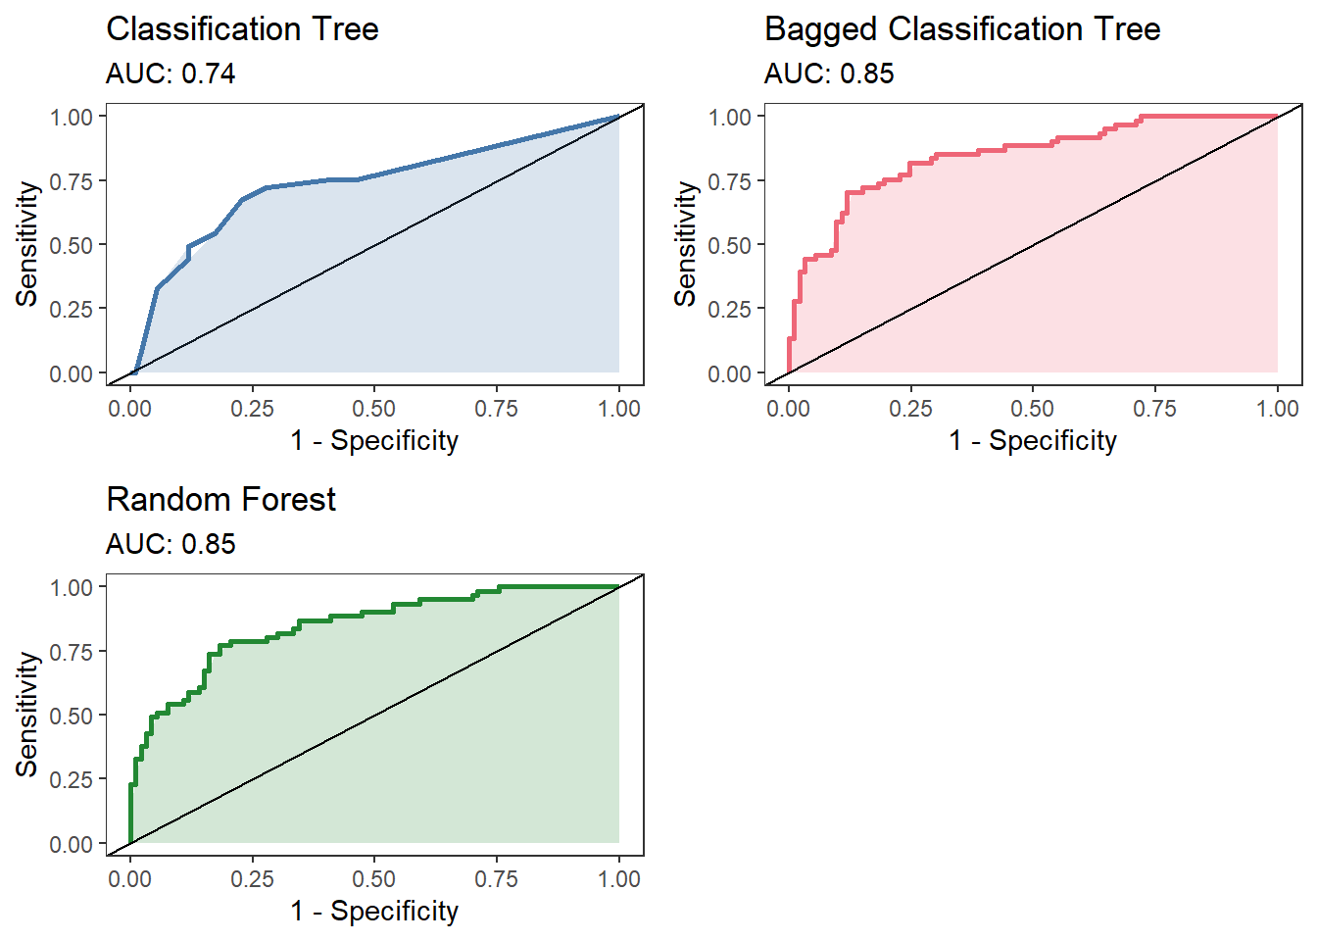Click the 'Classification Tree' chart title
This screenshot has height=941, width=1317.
click(242, 29)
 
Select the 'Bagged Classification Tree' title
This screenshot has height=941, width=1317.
click(961, 29)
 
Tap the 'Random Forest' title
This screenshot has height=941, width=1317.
click(220, 500)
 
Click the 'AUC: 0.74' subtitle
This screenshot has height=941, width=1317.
click(171, 74)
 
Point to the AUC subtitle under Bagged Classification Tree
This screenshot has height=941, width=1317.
click(829, 74)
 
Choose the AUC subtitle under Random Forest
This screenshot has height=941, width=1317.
click(171, 545)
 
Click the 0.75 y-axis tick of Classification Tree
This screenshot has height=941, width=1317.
click(72, 181)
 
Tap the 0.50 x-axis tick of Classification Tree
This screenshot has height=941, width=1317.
click(374, 409)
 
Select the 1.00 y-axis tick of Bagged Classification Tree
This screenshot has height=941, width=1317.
click(730, 118)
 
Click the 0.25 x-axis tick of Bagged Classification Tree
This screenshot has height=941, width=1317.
click(910, 409)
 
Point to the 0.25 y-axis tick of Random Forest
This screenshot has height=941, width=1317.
click(72, 780)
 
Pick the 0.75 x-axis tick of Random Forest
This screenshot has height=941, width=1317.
click(497, 879)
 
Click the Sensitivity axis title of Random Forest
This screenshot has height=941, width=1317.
click(27, 715)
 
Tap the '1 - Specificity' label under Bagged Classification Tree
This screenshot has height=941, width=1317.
click(1033, 441)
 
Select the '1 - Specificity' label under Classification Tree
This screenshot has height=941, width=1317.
click(374, 441)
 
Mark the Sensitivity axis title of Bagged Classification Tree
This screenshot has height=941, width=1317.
click(686, 244)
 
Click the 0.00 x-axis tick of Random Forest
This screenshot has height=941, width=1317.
click(130, 879)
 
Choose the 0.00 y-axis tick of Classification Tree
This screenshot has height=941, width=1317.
click(72, 374)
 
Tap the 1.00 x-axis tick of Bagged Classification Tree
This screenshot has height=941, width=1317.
click(1277, 409)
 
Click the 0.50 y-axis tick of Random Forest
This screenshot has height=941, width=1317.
click(72, 717)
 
